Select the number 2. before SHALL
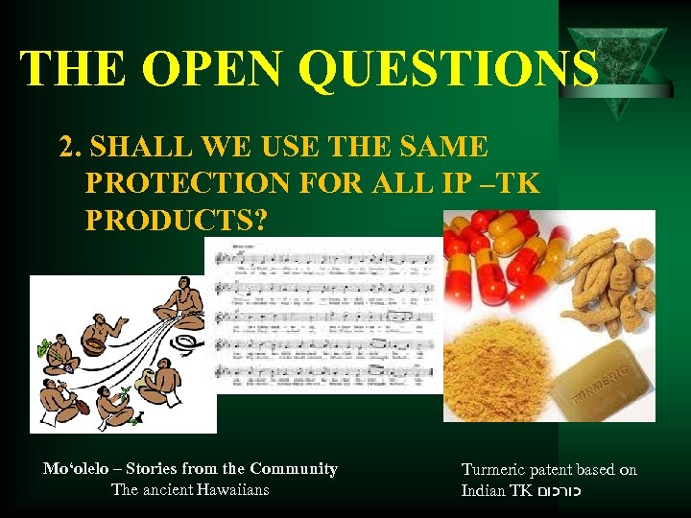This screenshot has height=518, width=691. tap(69, 148)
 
